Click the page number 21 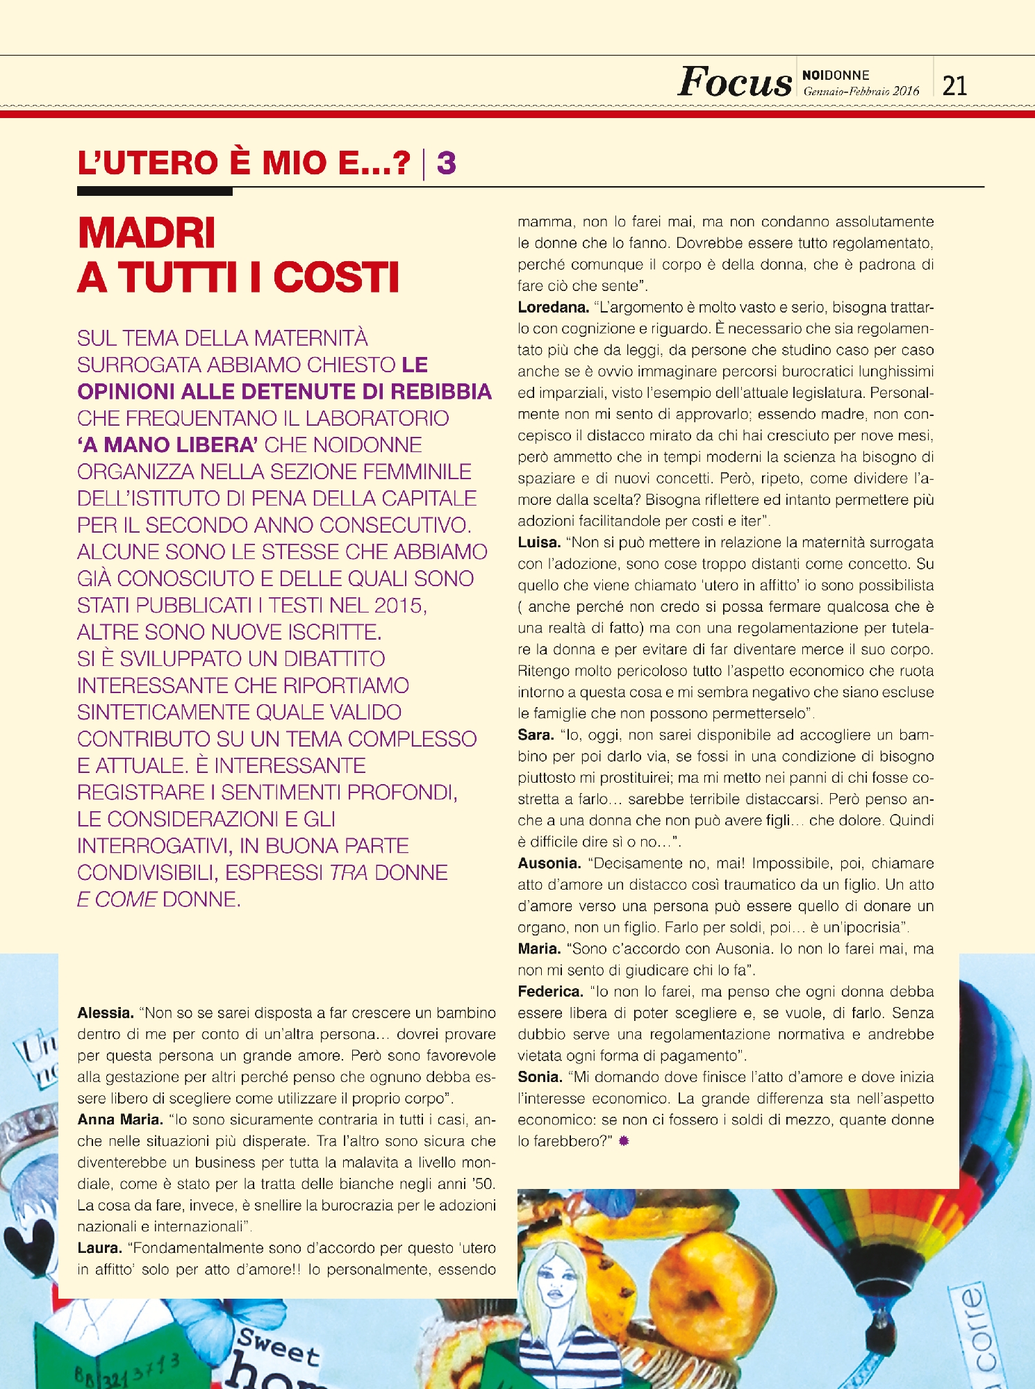954,85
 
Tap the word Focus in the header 734,82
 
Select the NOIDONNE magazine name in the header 836,75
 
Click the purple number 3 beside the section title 446,163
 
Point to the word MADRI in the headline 147,233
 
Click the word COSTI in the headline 336,278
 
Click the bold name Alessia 106,1013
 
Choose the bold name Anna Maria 120,1120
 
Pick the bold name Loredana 553,307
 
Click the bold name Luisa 539,542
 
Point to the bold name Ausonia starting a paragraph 549,863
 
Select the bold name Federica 550,992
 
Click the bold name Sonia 540,1077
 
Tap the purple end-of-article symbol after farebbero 624,1141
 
